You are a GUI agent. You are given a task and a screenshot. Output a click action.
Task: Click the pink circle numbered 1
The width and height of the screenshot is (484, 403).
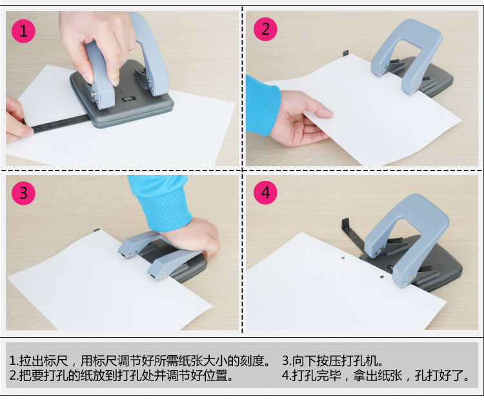(x=23, y=31)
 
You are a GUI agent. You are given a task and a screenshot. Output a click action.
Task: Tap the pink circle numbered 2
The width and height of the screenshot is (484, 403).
(x=265, y=29)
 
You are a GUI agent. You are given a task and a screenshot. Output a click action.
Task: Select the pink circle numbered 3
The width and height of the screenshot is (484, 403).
(x=23, y=193)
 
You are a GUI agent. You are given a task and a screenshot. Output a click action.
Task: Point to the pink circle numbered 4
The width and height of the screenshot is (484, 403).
(x=265, y=192)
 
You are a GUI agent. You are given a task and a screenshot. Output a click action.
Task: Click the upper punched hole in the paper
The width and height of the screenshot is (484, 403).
(x=343, y=257)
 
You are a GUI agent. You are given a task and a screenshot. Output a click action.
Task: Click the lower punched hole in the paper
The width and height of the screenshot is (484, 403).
(x=382, y=277)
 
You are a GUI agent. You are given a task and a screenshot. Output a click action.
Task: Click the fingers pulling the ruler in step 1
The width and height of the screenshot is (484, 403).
(x=17, y=119)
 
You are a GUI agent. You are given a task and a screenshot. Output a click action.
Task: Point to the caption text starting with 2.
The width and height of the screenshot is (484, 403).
(x=121, y=375)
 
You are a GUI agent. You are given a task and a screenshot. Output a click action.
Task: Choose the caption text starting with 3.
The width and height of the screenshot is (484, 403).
(x=332, y=360)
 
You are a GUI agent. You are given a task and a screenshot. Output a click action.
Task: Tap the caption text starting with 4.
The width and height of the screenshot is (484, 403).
(x=376, y=375)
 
